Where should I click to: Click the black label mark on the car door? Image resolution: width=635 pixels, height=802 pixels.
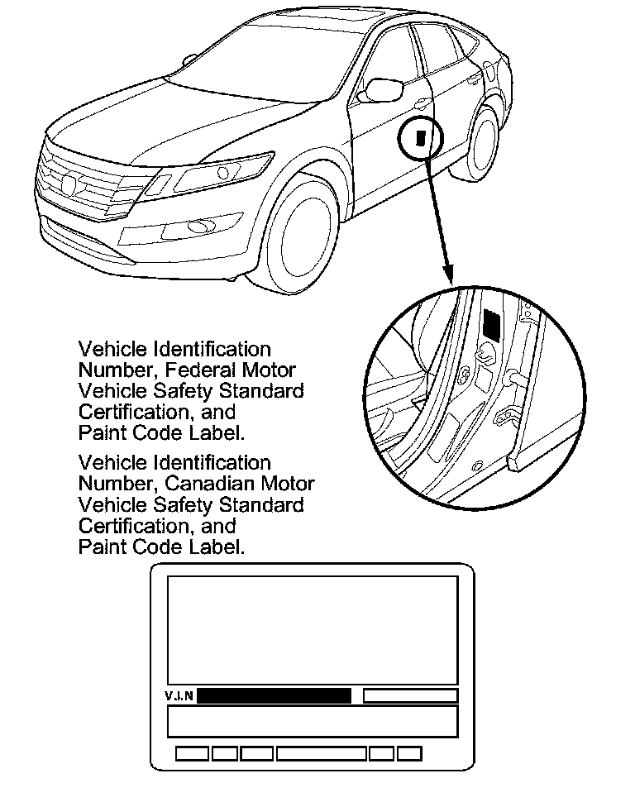(x=421, y=136)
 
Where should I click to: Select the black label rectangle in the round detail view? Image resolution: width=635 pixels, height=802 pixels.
(x=491, y=325)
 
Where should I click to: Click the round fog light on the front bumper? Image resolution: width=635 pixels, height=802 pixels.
(x=198, y=226)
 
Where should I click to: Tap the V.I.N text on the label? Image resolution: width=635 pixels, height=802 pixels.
(x=179, y=695)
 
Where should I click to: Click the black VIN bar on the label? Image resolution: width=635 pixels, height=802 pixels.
(x=274, y=695)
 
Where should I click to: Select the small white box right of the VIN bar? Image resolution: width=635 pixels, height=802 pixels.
(x=410, y=695)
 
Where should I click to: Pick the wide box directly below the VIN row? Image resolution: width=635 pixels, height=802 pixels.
(x=313, y=721)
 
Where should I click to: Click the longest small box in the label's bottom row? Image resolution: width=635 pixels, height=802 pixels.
(x=322, y=753)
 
